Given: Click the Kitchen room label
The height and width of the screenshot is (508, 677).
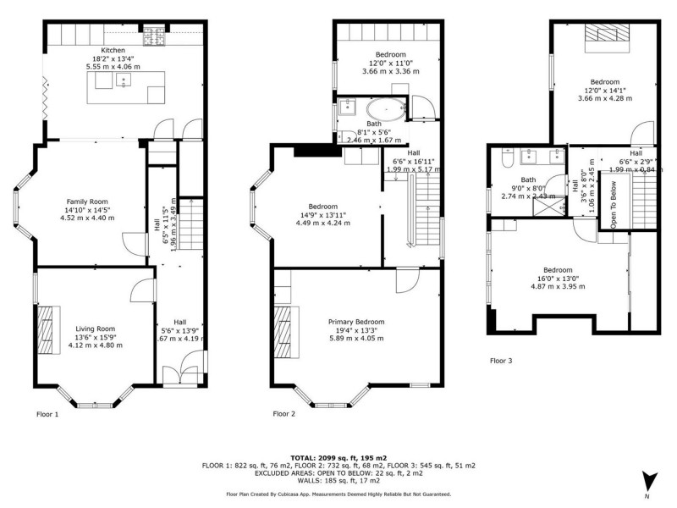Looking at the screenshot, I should [x=113, y=50].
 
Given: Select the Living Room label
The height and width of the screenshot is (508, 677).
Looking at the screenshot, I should [x=95, y=329].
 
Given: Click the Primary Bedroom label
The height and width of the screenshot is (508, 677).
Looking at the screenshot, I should [x=356, y=322].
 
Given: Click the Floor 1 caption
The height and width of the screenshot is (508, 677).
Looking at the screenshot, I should [x=47, y=415].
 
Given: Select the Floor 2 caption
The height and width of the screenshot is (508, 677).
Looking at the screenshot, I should [x=283, y=415].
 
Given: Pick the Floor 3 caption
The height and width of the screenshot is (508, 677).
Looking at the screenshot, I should [x=501, y=361].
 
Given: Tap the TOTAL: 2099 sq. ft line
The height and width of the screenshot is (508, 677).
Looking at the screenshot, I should [x=338, y=456].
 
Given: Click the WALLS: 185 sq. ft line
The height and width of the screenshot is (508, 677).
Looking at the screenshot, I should [x=338, y=482].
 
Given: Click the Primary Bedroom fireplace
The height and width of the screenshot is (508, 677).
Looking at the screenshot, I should [x=281, y=329].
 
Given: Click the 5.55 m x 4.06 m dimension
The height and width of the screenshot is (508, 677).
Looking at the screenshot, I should [x=113, y=66].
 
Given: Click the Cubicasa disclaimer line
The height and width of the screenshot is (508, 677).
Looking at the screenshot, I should [x=338, y=494].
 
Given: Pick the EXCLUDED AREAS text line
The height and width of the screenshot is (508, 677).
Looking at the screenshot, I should [x=338, y=473].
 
